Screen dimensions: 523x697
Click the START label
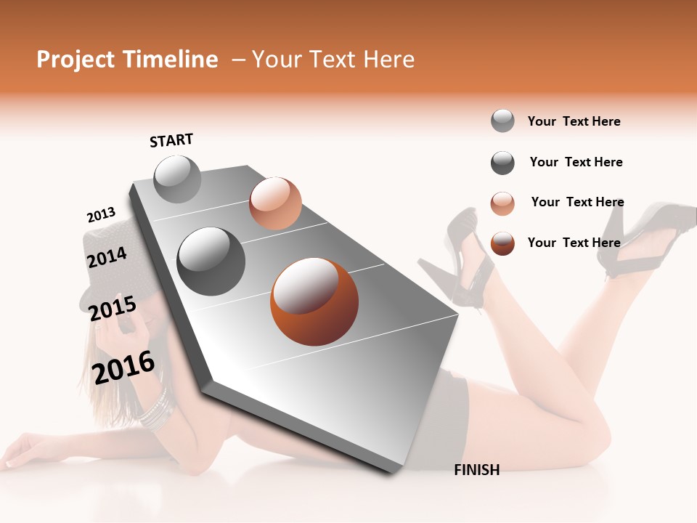pos(171,139)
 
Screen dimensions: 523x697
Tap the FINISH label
pos(476,470)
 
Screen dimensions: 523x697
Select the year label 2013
pos(101,215)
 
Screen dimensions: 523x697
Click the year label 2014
pos(107,257)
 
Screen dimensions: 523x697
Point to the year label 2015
pos(112,309)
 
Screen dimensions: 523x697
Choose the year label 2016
pos(123,366)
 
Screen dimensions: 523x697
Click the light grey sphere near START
pos(177,179)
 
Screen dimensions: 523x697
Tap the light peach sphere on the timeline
pos(275,203)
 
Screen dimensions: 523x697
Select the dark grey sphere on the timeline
pos(211,261)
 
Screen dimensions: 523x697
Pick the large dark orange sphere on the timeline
pos(314,301)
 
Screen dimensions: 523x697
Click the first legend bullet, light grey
pos(502,121)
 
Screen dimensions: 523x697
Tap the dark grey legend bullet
pos(502,163)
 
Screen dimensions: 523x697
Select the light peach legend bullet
pos(502,203)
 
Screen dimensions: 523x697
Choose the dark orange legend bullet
pos(502,243)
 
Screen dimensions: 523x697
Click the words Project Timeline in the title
pos(127,60)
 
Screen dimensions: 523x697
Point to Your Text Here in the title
pos(333,60)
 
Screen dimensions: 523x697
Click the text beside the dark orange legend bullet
pos(574,243)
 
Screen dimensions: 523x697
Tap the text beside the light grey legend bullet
pos(574,121)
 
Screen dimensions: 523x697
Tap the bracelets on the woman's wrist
pos(154,410)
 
